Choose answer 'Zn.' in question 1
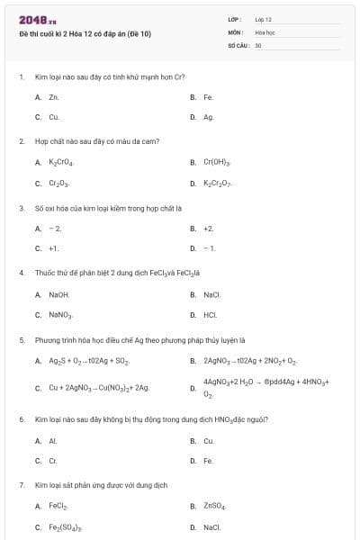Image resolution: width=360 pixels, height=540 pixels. coord(53,96)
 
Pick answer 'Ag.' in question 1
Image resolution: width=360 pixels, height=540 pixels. coord(208,117)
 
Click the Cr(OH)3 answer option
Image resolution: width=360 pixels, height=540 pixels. coord(217,163)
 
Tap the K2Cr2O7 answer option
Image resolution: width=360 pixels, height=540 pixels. coord(218,184)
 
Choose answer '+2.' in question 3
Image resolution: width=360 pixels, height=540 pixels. coord(208,229)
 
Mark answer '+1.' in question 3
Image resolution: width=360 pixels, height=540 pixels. coord(54,248)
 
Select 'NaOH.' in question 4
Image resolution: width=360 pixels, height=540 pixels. coord(58,294)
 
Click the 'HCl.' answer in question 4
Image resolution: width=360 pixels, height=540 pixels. coord(210,315)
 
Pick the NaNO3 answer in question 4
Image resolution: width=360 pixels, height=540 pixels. coord(60,315)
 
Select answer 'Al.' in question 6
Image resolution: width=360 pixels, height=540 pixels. coord(53,441)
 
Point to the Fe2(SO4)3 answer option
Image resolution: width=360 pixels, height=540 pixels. coord(65,527)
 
